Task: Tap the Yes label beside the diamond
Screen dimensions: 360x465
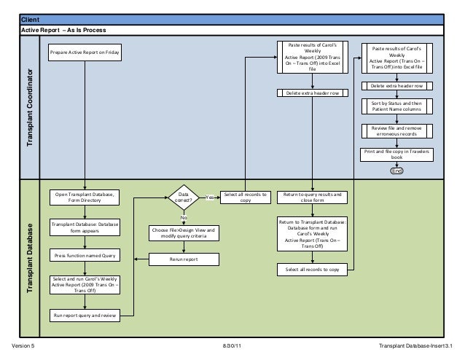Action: (210, 197)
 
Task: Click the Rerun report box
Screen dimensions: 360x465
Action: (184, 259)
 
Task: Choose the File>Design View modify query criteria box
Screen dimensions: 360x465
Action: (184, 233)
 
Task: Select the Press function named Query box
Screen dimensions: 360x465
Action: (85, 256)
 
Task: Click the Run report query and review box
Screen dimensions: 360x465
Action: (85, 316)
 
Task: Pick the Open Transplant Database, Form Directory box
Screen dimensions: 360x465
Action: (85, 197)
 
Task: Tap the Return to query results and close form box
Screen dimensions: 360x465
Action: (313, 197)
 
